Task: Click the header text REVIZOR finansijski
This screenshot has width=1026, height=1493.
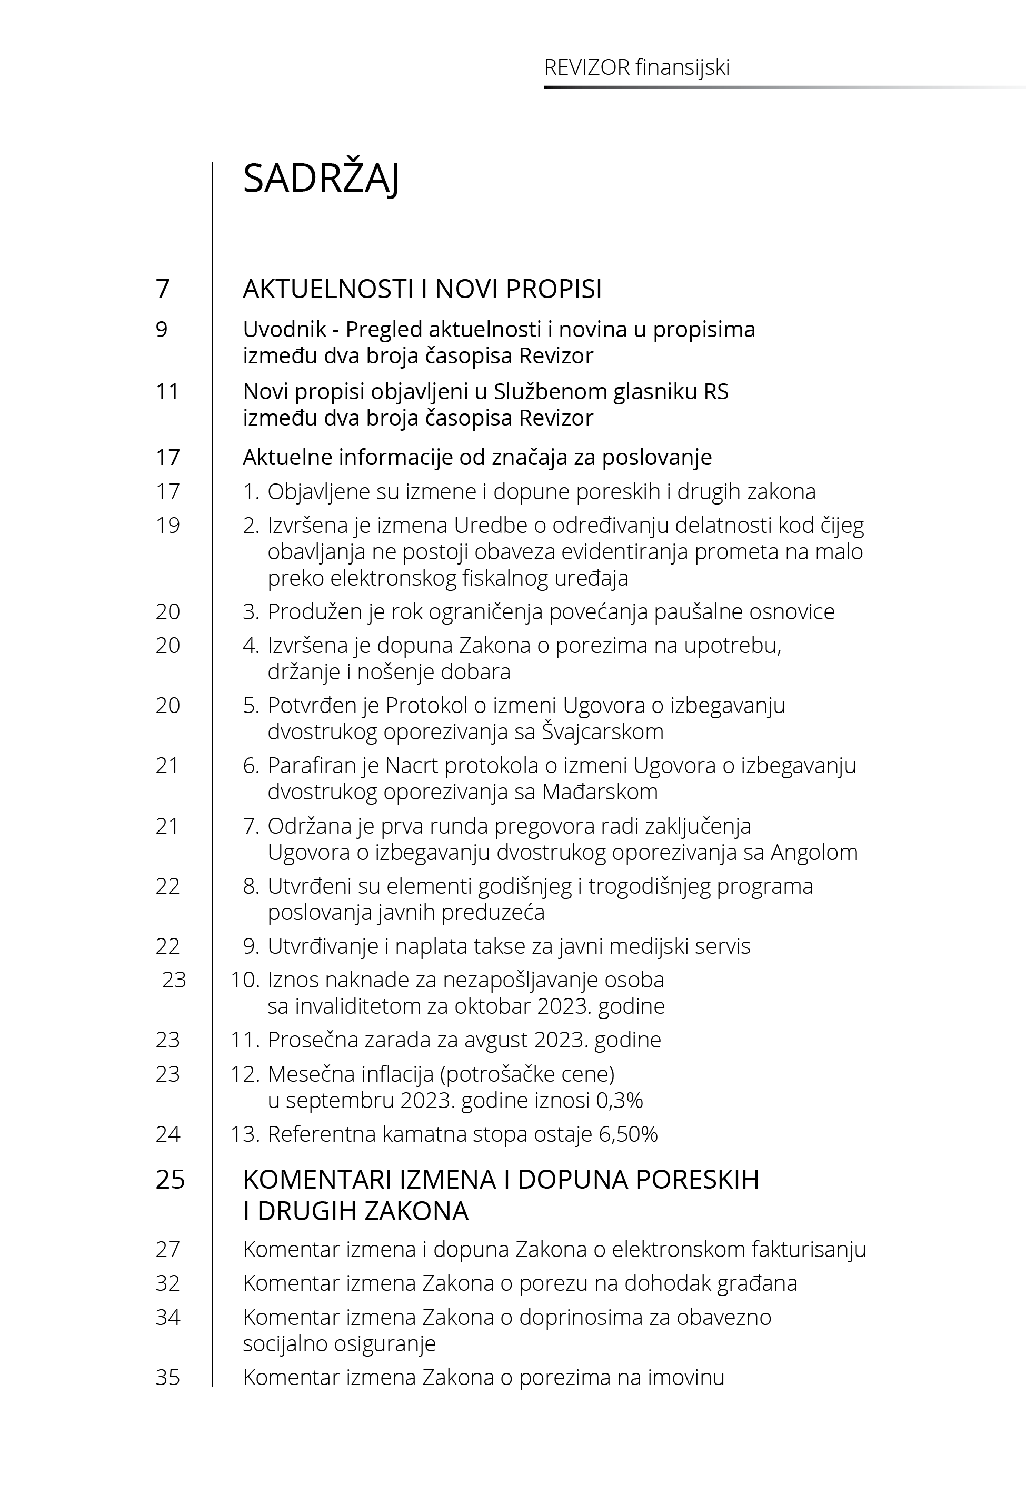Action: click(636, 67)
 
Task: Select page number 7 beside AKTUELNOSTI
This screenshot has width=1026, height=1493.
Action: click(163, 289)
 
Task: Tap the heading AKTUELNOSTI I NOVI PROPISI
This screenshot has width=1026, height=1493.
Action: click(422, 289)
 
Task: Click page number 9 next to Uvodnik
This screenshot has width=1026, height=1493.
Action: click(162, 329)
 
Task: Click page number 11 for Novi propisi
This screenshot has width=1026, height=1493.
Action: click(167, 392)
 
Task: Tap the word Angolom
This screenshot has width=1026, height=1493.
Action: click(814, 852)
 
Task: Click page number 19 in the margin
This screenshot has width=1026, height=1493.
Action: click(167, 526)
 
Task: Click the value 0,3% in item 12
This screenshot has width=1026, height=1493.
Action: click(620, 1100)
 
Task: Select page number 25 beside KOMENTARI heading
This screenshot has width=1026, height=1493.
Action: click(170, 1179)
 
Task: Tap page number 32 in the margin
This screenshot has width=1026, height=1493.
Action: click(167, 1283)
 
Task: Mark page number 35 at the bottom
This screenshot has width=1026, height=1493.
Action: click(167, 1377)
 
